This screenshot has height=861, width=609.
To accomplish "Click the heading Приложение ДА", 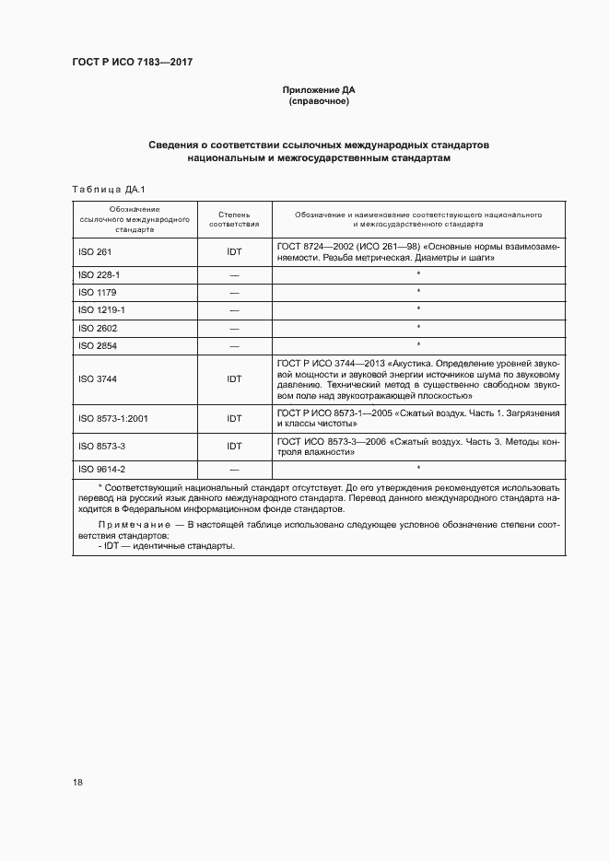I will pos(318,90).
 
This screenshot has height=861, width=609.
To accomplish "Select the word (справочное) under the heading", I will pos(318,101).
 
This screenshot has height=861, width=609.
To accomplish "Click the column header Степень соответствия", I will pos(234,218).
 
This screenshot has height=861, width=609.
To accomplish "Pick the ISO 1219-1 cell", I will pos(101,310).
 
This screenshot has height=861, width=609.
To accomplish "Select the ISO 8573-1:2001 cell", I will pos(112,418).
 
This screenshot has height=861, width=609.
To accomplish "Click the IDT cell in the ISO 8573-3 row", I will pos(234,446).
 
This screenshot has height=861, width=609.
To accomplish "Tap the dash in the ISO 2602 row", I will pos(234,328).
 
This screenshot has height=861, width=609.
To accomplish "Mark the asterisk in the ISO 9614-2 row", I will pos(418,469).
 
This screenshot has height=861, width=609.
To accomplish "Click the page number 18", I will pos(78,783).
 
